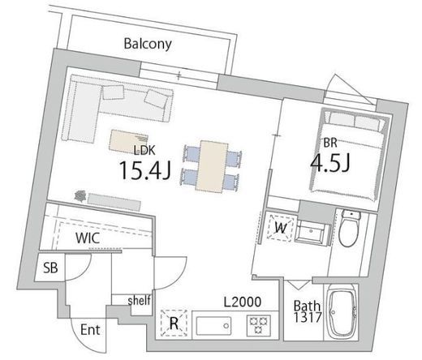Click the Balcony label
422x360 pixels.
148,44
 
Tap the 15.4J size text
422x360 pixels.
145,170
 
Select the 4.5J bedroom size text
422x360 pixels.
330,163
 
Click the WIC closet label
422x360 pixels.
88,238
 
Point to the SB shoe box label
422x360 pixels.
50,268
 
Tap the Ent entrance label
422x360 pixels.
90,330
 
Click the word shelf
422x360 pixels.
139,300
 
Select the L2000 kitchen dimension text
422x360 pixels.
243,302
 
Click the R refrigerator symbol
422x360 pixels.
174,323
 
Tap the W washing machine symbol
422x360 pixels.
280,228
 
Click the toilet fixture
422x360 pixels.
350,229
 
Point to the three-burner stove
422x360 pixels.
259,325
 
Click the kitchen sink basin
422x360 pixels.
213,326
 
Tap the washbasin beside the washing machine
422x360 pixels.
312,232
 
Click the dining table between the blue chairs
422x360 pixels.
213,166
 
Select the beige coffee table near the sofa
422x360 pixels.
128,141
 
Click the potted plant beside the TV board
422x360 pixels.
80,195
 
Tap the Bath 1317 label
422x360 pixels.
307,311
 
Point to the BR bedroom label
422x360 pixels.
330,143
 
